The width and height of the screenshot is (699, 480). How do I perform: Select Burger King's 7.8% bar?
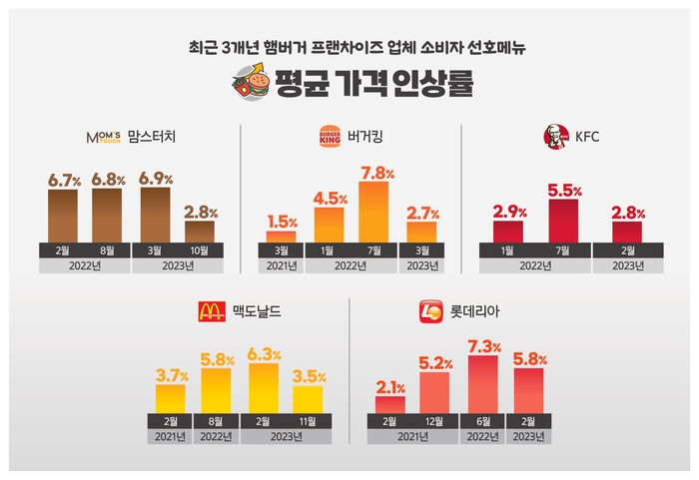373,211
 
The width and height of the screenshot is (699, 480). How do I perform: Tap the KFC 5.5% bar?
563,220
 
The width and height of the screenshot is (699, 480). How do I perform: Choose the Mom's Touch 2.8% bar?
200,231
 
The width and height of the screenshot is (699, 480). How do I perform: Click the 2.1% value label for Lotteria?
390,386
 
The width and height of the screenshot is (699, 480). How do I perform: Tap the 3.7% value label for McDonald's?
170,375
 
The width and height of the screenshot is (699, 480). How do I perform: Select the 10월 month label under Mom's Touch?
200,249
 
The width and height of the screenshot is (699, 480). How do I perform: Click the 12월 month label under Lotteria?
434,420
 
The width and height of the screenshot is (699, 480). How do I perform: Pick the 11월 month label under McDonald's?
309,420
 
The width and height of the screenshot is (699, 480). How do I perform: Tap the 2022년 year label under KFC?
538,266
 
